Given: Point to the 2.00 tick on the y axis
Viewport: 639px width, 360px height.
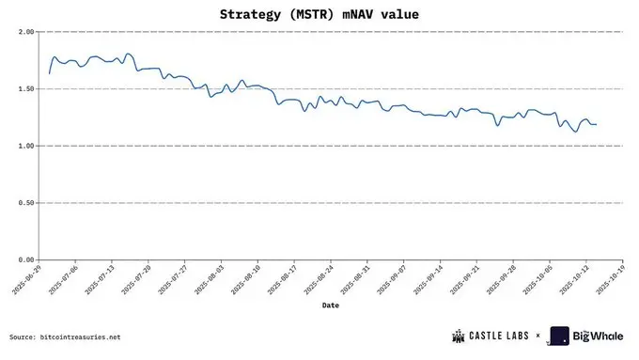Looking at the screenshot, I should click(25, 32).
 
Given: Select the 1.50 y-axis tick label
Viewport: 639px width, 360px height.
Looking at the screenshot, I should click(25, 89).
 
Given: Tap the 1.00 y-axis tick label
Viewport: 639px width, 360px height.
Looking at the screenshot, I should click(25, 146).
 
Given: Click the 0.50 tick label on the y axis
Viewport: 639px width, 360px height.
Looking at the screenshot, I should click(25, 203).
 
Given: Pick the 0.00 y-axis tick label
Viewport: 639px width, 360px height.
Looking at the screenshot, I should click(25, 260).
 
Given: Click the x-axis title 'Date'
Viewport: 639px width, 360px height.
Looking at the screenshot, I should click(330, 305).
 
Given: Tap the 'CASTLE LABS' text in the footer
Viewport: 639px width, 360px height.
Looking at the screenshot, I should click(500, 336).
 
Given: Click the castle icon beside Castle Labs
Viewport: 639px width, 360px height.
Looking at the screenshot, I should click(460, 336).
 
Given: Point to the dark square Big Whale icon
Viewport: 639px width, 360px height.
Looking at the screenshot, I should click(560, 336).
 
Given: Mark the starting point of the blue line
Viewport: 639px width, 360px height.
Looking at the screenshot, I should click(49, 73).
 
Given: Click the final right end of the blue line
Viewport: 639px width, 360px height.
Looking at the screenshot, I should click(597, 124).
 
